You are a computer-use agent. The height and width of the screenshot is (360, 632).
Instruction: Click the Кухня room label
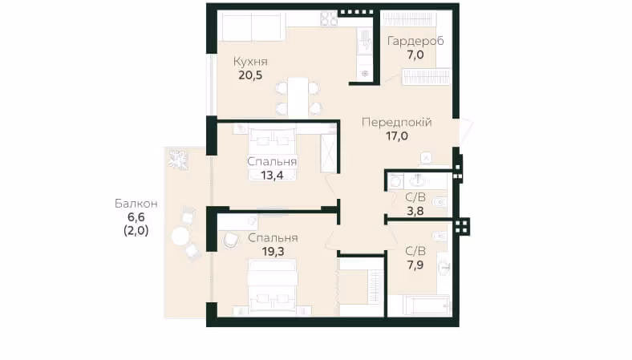250,62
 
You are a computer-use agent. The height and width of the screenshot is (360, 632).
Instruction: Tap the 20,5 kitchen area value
250,75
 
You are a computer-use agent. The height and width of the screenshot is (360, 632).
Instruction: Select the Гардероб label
415,41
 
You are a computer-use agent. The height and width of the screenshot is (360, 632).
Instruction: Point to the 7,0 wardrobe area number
415,55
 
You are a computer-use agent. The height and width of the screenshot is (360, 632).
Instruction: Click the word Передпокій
397,122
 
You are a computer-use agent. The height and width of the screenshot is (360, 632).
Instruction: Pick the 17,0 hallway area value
397,136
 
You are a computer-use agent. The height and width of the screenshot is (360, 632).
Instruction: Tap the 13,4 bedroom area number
272,176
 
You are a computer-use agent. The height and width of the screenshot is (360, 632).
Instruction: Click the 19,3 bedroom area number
273,252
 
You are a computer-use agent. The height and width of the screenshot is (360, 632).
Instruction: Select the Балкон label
136,204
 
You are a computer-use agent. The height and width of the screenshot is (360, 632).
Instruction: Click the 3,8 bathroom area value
415,211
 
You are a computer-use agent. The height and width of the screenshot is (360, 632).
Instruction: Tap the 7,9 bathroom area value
415,265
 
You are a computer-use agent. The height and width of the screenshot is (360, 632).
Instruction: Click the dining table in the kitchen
298,97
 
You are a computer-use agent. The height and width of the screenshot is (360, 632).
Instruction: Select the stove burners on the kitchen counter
329,18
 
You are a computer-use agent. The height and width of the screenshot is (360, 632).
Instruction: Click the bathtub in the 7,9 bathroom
427,305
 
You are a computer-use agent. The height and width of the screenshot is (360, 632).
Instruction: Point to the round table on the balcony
180,236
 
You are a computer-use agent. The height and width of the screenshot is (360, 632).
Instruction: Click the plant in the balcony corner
178,160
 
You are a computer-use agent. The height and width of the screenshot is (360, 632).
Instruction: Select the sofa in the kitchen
253,26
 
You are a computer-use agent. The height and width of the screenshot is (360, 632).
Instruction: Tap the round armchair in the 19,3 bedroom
229,240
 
